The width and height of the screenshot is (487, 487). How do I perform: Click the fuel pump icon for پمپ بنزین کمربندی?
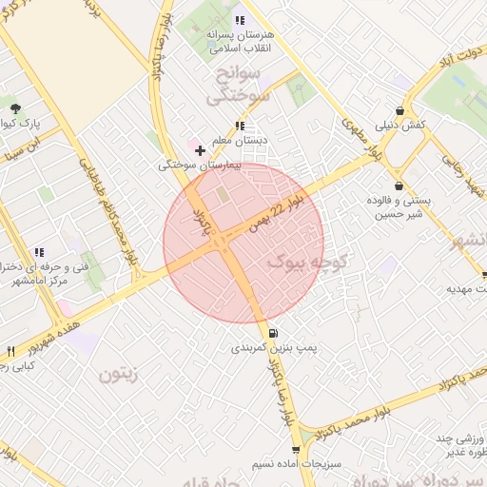click(274, 333)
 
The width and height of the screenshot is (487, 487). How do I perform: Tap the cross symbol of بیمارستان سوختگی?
click(200, 150)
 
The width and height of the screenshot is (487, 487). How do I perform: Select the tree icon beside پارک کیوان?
click(13, 105)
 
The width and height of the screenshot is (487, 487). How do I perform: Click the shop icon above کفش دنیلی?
click(400, 110)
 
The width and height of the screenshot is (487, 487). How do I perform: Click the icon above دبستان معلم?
click(240, 125)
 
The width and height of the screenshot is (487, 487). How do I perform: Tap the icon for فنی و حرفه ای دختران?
click(39, 252)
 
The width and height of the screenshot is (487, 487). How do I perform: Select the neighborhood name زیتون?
click(118, 374)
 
